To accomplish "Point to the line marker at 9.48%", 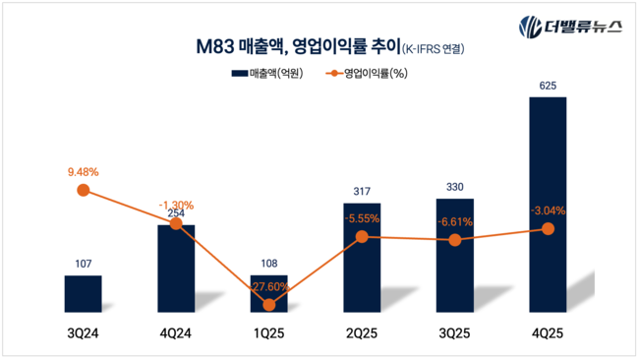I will [84, 190].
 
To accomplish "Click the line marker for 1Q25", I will [268, 304].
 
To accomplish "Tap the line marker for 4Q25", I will [548, 229].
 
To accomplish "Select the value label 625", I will [548, 87].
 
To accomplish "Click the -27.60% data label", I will [268, 285].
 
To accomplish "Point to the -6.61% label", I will [454, 221].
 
